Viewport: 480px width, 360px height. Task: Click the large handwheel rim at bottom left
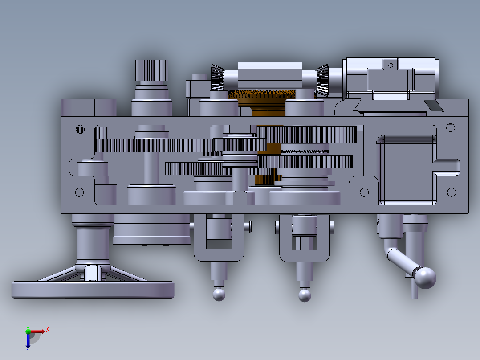(x=93, y=290)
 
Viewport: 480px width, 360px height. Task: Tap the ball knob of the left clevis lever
(x=219, y=295)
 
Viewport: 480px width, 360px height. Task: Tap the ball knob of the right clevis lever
(x=305, y=295)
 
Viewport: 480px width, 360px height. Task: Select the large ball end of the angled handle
(x=425, y=278)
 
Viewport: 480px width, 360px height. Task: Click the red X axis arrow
(x=37, y=331)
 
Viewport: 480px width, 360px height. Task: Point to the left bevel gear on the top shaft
(x=217, y=77)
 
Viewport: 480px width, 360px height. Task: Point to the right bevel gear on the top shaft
(x=323, y=80)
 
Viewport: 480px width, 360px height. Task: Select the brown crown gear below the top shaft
(x=262, y=98)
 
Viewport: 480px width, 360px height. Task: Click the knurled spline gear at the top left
(x=152, y=70)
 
